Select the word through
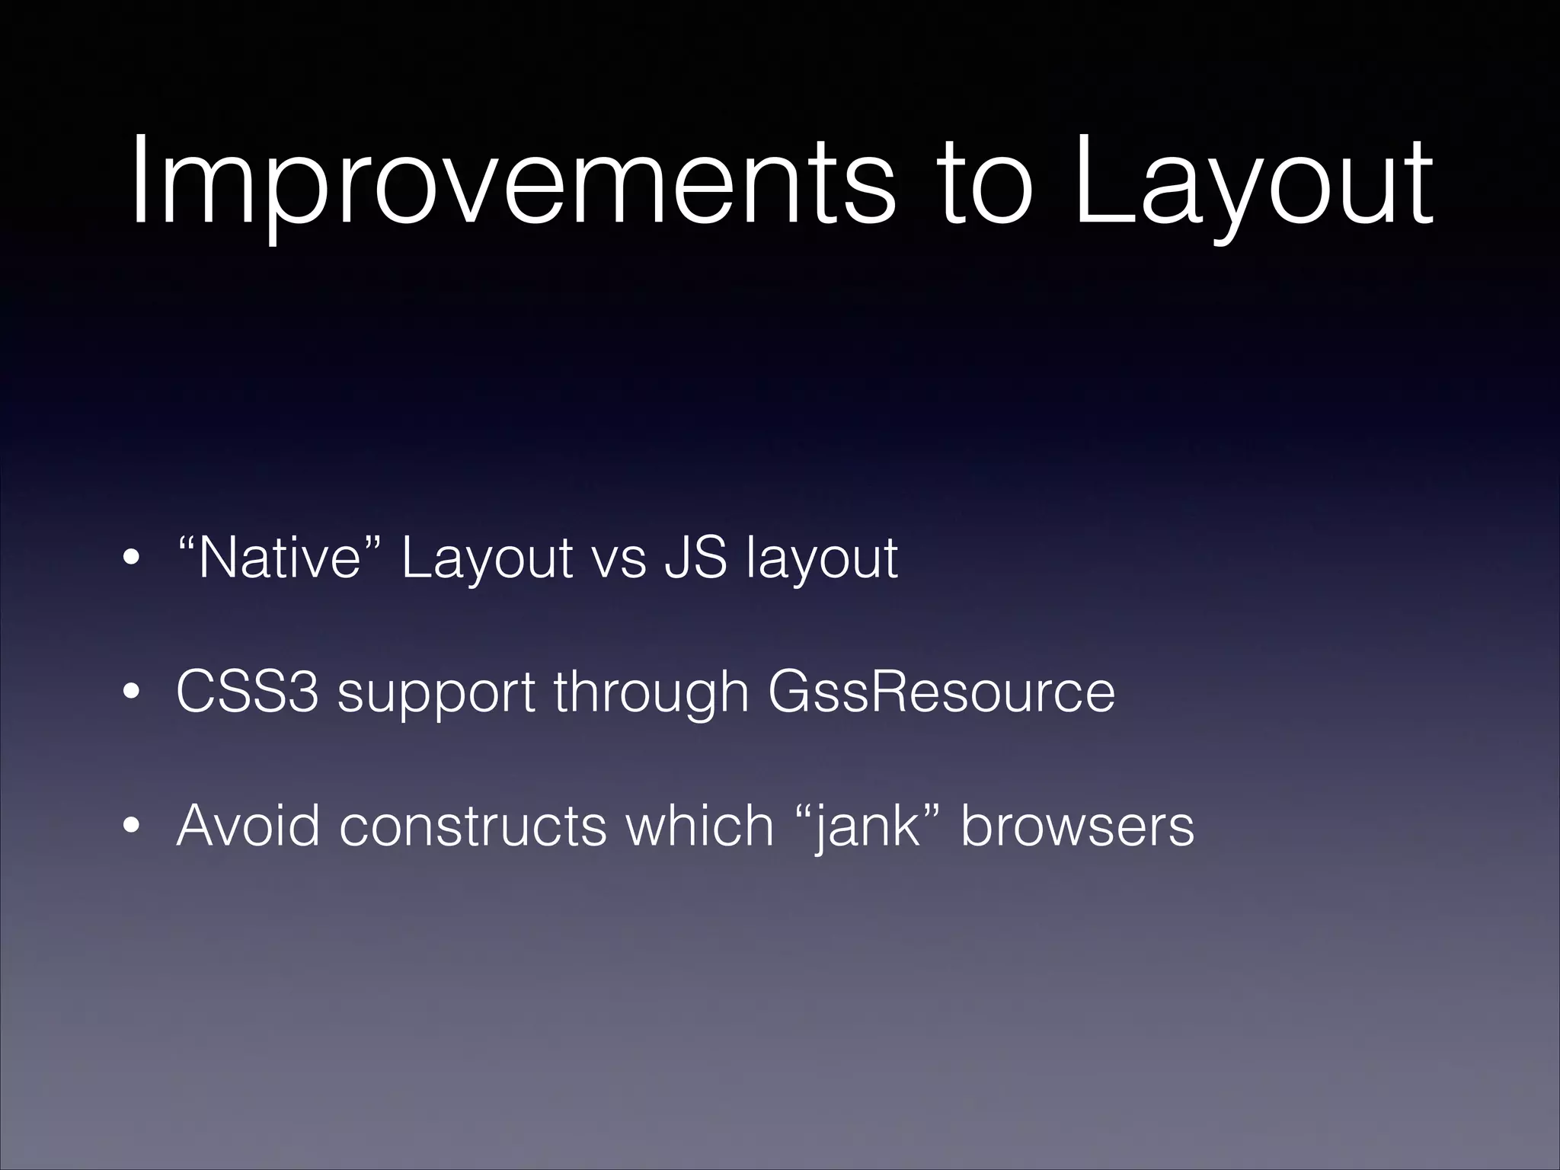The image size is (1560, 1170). coord(651,693)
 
